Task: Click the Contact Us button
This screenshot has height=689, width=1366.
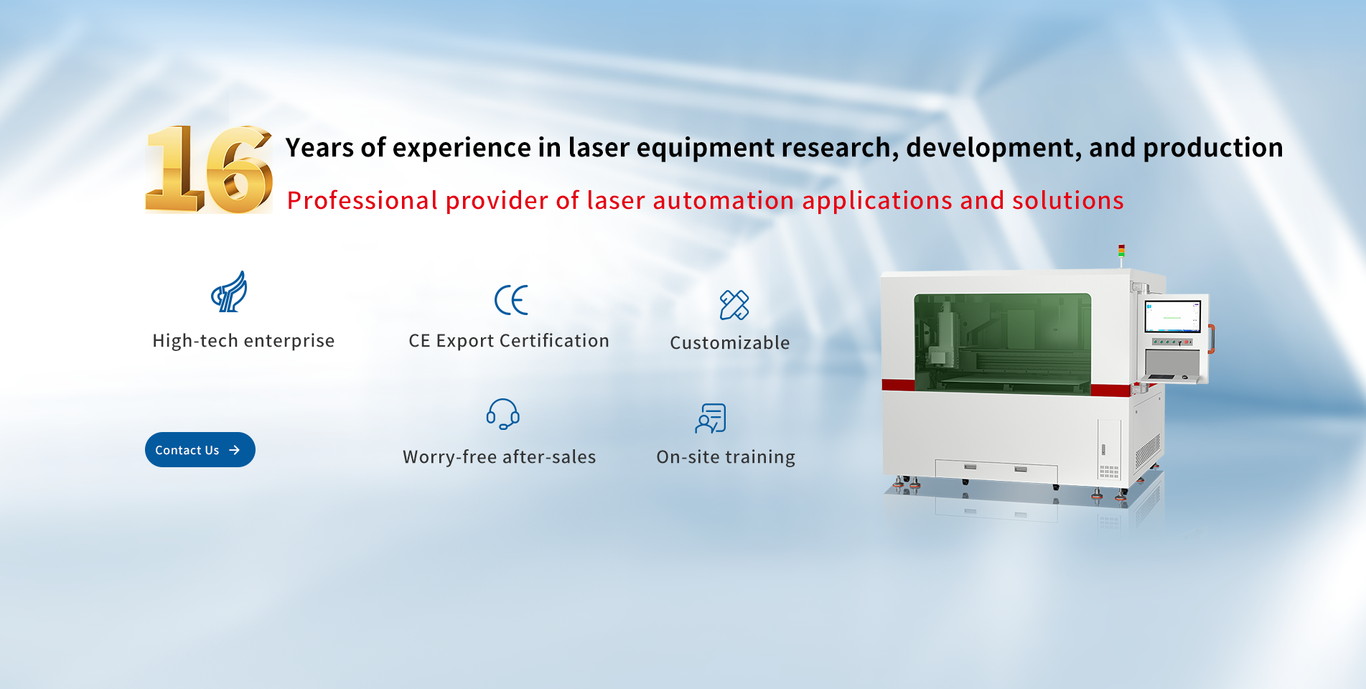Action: [200, 450]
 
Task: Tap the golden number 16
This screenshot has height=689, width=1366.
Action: [209, 169]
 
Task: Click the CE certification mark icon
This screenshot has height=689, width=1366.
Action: [511, 300]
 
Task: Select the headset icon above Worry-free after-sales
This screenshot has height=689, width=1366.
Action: [502, 414]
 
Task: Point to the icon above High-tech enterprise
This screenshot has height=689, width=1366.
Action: [229, 291]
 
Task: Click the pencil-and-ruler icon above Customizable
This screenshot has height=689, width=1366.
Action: [734, 305]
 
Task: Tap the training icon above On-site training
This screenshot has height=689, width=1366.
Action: [711, 418]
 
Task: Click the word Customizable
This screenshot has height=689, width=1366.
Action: [730, 343]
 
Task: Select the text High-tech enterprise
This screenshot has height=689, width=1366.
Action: [243, 341]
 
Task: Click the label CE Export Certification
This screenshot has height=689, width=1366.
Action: [509, 341]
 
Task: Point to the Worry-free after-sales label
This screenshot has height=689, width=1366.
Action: [500, 457]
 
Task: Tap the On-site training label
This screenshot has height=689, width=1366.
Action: [726, 457]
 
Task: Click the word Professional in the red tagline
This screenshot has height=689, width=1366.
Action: [362, 201]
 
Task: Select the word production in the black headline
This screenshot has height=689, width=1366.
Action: [1213, 148]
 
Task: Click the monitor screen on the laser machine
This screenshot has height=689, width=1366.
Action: [1172, 317]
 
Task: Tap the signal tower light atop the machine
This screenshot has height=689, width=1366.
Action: [1121, 252]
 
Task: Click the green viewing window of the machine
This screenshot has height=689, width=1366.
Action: [1003, 343]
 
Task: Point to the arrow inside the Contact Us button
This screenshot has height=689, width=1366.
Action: [234, 450]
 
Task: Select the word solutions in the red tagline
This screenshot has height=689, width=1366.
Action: [1068, 201]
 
